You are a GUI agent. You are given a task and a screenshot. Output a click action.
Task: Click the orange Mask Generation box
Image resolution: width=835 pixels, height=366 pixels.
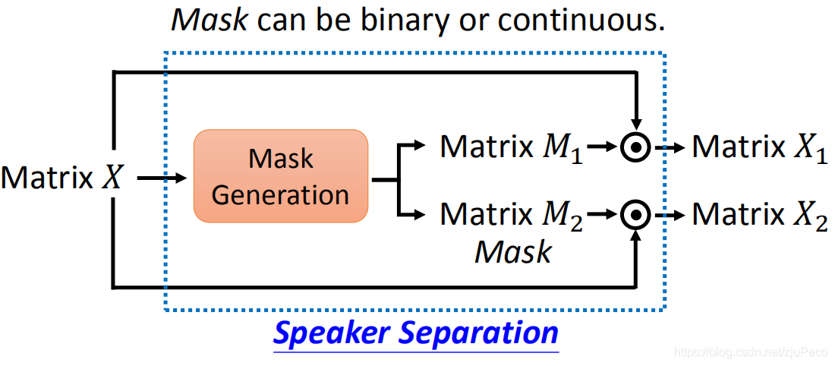pos(280,176)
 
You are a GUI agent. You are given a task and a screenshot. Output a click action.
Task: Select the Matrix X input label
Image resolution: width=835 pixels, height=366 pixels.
pos(61,178)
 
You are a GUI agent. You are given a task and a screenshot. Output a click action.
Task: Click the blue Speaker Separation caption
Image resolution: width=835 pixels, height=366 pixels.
pos(416,333)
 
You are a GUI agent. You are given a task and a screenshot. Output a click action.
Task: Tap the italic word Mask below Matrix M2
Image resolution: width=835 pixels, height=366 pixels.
pos(512,251)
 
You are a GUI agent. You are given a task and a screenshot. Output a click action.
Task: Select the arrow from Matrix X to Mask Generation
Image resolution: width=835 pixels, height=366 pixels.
pos(162,178)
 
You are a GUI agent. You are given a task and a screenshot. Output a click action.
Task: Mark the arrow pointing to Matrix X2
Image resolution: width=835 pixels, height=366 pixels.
pos(670,216)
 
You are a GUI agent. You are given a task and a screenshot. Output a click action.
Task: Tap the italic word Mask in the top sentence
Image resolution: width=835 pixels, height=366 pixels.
pos(210,21)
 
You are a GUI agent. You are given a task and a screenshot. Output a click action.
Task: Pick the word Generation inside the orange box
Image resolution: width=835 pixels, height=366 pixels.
pos(280,194)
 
